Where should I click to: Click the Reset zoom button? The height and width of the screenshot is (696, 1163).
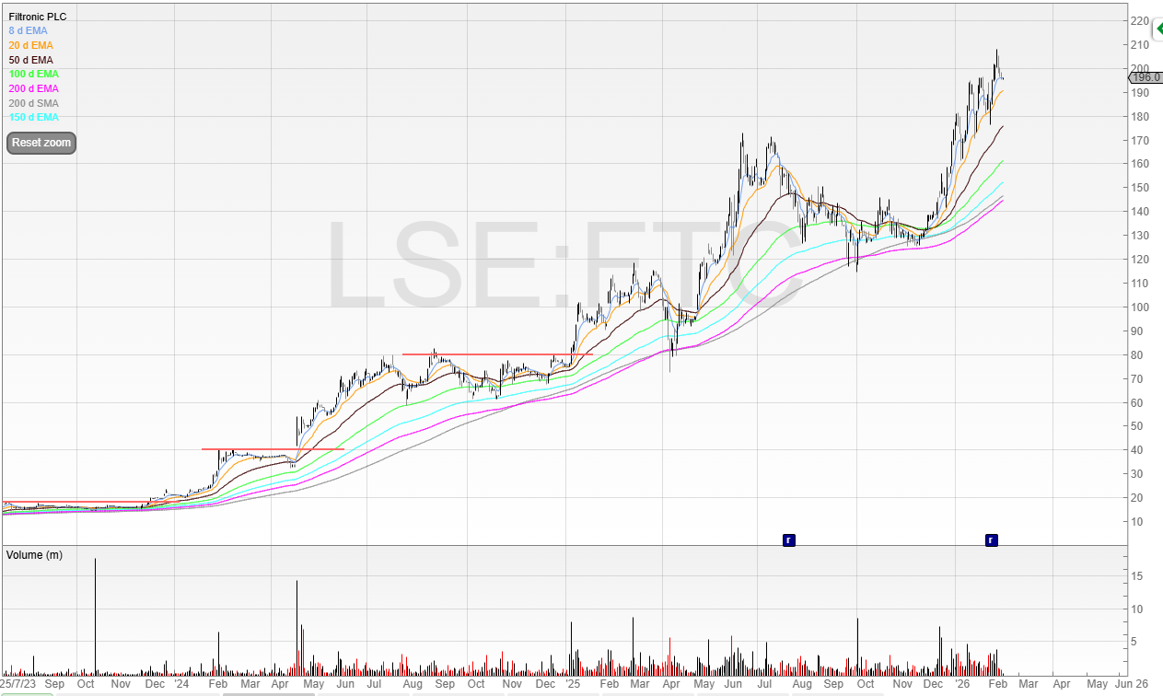click(x=41, y=143)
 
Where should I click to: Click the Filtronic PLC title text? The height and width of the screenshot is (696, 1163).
click(x=38, y=17)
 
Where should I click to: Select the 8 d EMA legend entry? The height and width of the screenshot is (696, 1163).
click(x=29, y=30)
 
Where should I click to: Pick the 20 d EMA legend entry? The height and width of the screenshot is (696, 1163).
click(x=30, y=45)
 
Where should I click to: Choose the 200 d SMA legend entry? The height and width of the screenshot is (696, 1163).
click(x=33, y=103)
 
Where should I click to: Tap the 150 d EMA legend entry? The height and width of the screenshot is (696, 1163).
click(x=33, y=117)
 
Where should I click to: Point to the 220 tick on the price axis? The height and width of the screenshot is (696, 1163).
click(x=1139, y=21)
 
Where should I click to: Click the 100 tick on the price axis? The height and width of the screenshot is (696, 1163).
click(x=1139, y=307)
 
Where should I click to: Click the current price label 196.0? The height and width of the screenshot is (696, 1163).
click(x=1146, y=78)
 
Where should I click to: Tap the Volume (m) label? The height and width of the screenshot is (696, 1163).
click(x=36, y=555)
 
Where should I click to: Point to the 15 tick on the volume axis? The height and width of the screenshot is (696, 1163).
click(x=1136, y=576)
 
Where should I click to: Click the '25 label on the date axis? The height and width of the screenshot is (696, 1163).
click(x=572, y=684)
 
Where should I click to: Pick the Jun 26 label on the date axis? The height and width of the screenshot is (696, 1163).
click(x=1132, y=684)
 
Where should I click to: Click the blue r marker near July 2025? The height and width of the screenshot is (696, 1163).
click(x=788, y=539)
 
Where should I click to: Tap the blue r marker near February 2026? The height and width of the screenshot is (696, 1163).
click(x=991, y=539)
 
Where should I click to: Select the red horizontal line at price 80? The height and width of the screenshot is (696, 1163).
click(x=497, y=354)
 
